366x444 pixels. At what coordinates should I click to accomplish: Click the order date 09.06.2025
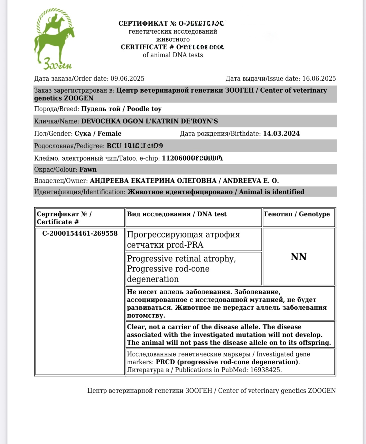click(127, 79)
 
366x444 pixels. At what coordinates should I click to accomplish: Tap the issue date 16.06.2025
click(319, 79)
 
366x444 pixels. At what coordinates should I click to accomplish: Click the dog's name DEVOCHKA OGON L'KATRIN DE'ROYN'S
click(149, 121)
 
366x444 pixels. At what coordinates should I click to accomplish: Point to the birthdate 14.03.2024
click(281, 134)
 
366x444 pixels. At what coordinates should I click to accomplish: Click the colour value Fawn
click(88, 170)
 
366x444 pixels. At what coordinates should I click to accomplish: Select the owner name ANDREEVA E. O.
click(251, 181)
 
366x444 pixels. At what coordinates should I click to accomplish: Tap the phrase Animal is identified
click(271, 192)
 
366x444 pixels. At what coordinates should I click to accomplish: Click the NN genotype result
click(298, 257)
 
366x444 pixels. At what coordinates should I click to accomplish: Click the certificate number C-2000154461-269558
click(80, 234)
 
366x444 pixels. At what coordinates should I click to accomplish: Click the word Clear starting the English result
click(136, 327)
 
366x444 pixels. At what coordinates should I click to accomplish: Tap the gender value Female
click(110, 134)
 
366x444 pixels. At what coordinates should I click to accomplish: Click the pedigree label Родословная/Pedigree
click(69, 146)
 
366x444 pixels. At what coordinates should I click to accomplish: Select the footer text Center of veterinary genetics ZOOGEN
click(277, 391)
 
